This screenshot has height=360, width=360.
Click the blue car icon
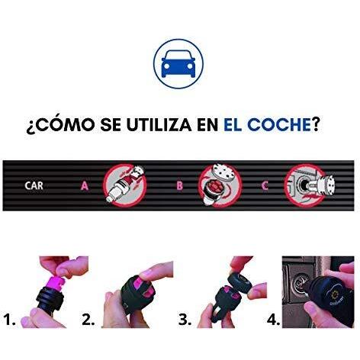178,63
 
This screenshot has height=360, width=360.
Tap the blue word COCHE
279,124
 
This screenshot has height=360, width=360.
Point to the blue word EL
233,124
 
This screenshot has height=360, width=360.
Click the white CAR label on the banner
34,185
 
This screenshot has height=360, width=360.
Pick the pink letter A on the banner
85,186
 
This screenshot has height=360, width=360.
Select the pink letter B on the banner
180,186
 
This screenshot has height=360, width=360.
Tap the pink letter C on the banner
265,186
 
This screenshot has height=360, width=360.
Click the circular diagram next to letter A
125,185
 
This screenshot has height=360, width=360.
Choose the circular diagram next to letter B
220,185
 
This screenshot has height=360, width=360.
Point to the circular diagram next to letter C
306,185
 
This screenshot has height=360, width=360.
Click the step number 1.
9,320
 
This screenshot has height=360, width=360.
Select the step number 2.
88,320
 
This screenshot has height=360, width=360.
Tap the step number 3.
185,320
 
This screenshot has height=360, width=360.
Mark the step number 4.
273,320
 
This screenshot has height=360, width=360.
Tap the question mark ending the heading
315,124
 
